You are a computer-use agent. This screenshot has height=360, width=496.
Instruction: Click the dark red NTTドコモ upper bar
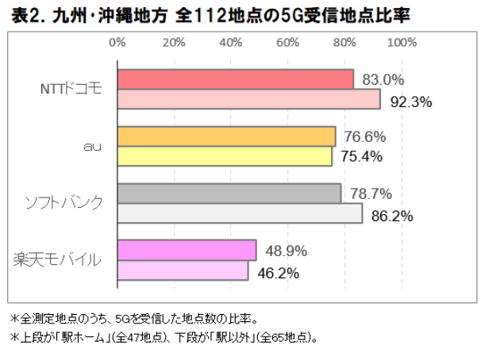(x=235, y=79)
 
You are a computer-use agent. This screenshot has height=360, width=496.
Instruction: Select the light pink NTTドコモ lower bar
(x=248, y=100)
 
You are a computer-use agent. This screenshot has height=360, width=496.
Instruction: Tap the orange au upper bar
(x=226, y=136)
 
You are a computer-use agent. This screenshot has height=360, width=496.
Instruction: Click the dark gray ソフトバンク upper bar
(x=229, y=193)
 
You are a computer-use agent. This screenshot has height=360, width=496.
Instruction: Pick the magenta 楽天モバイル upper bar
(x=186, y=251)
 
